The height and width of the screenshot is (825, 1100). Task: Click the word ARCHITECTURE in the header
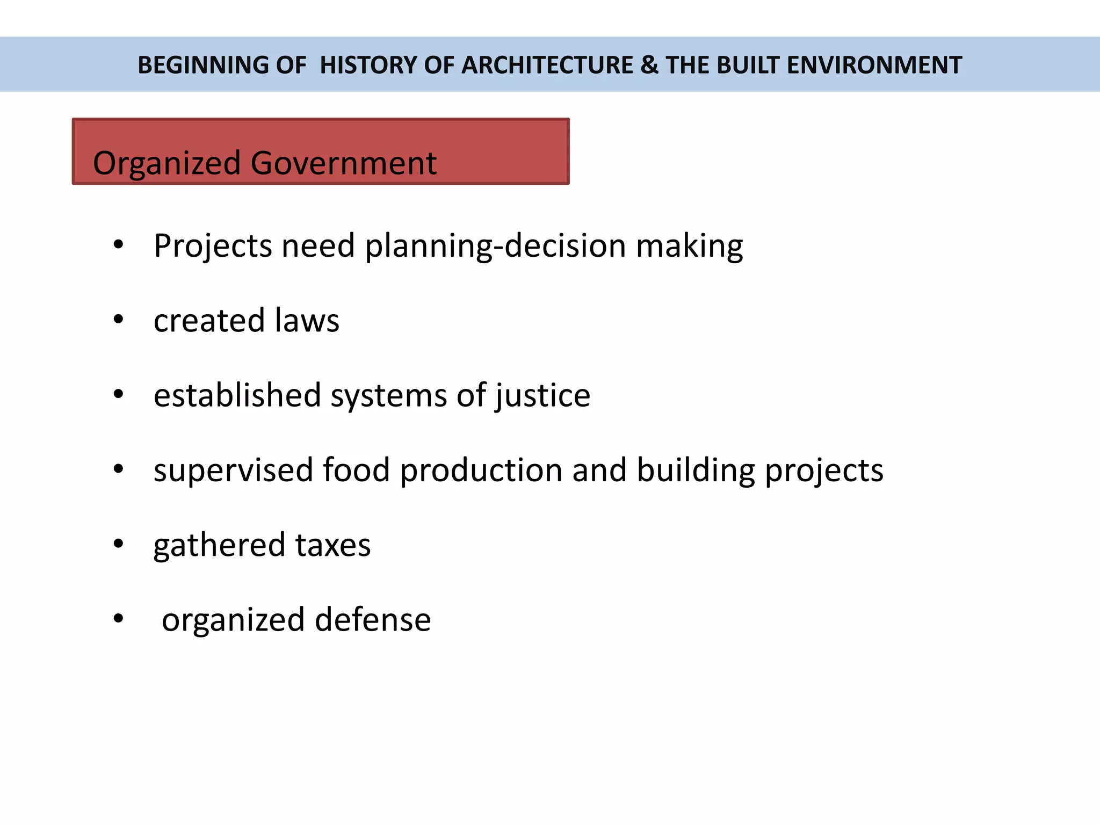547,65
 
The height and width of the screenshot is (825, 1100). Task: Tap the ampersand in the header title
649,65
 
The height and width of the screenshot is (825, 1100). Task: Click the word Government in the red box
344,163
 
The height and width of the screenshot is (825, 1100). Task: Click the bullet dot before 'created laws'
118,320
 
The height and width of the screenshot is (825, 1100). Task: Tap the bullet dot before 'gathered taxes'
118,545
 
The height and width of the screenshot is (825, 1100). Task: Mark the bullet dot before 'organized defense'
118,619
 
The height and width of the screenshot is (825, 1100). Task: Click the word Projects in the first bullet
212,246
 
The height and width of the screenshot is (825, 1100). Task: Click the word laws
307,321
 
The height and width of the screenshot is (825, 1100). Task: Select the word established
237,395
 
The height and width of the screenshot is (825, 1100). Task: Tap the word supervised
233,471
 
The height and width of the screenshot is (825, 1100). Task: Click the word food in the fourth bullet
356,470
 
